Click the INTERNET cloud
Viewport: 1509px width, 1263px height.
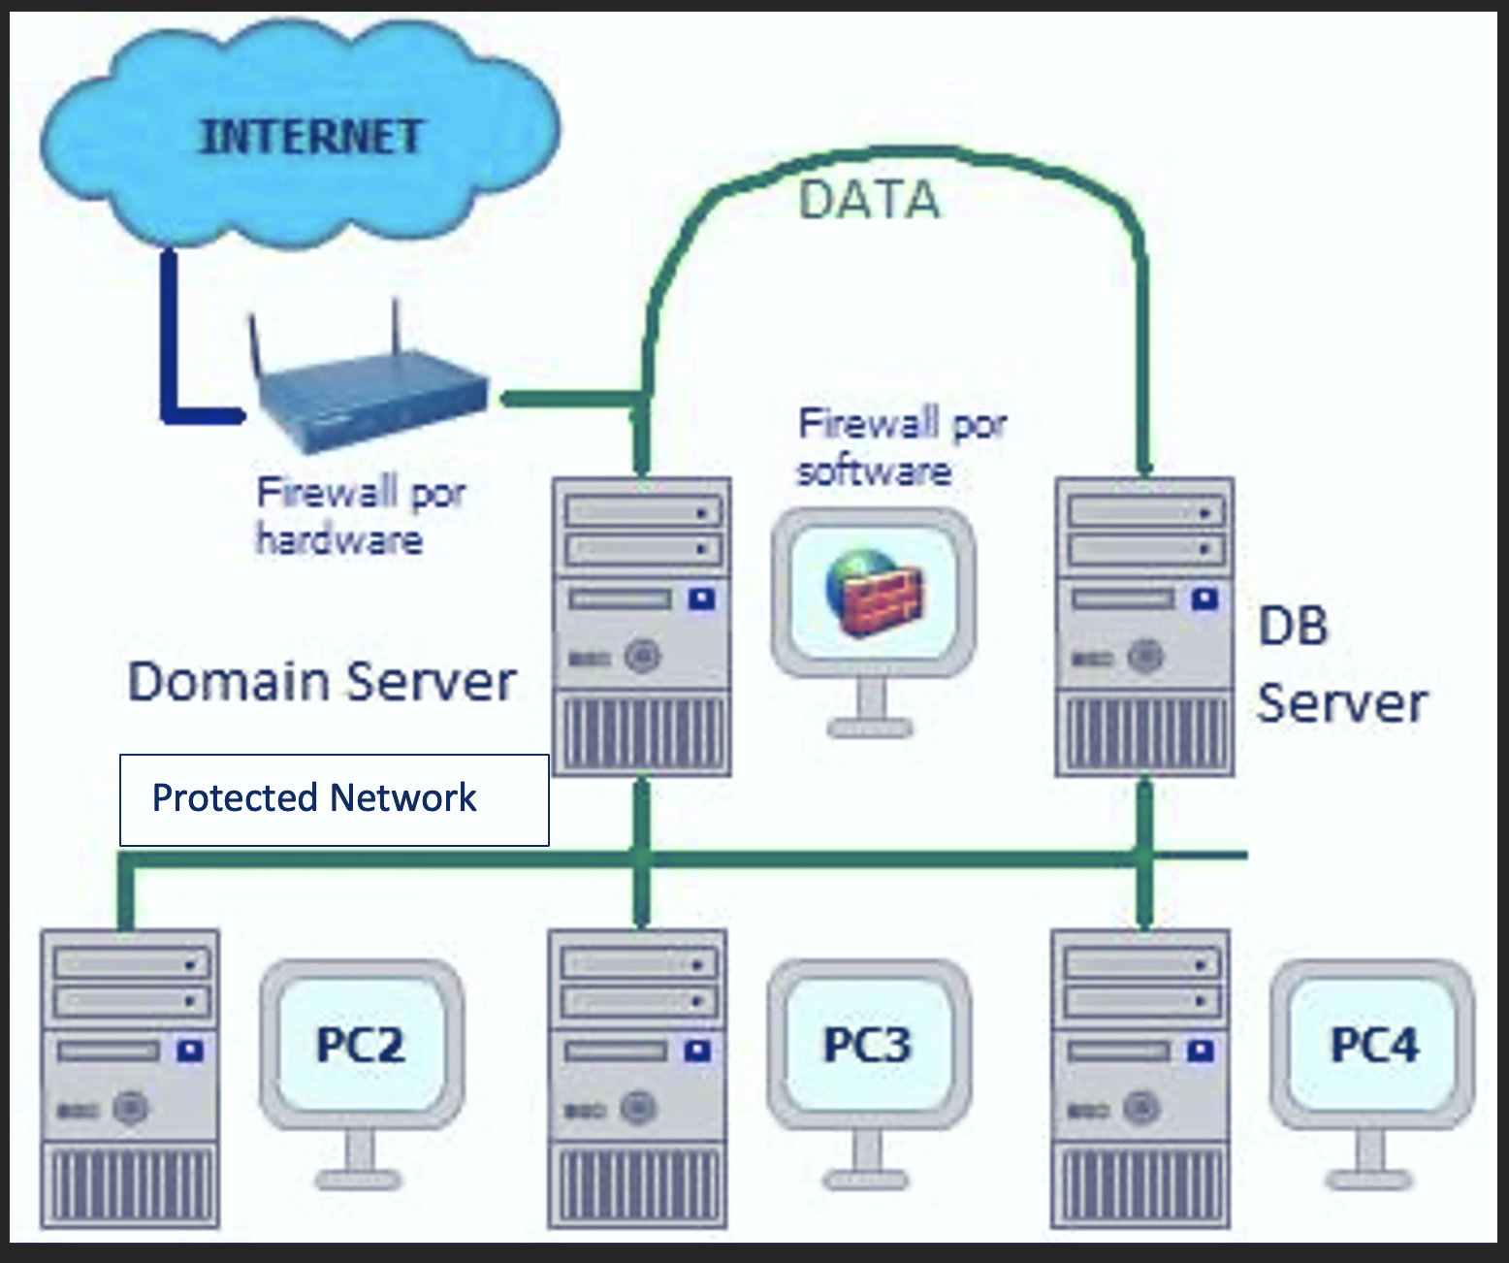click(301, 136)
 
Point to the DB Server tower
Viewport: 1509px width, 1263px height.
click(1144, 626)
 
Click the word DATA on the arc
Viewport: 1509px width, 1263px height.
click(869, 201)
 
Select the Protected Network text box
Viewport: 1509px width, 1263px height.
click(334, 799)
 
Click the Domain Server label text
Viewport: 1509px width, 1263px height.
click(322, 681)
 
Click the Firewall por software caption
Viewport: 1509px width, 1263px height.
click(902, 446)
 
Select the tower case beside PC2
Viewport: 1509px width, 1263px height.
click(130, 1077)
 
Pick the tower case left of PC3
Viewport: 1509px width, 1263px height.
click(637, 1077)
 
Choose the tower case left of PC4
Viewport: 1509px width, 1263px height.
click(1141, 1077)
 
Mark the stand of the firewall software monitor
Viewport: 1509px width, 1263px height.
click(871, 708)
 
